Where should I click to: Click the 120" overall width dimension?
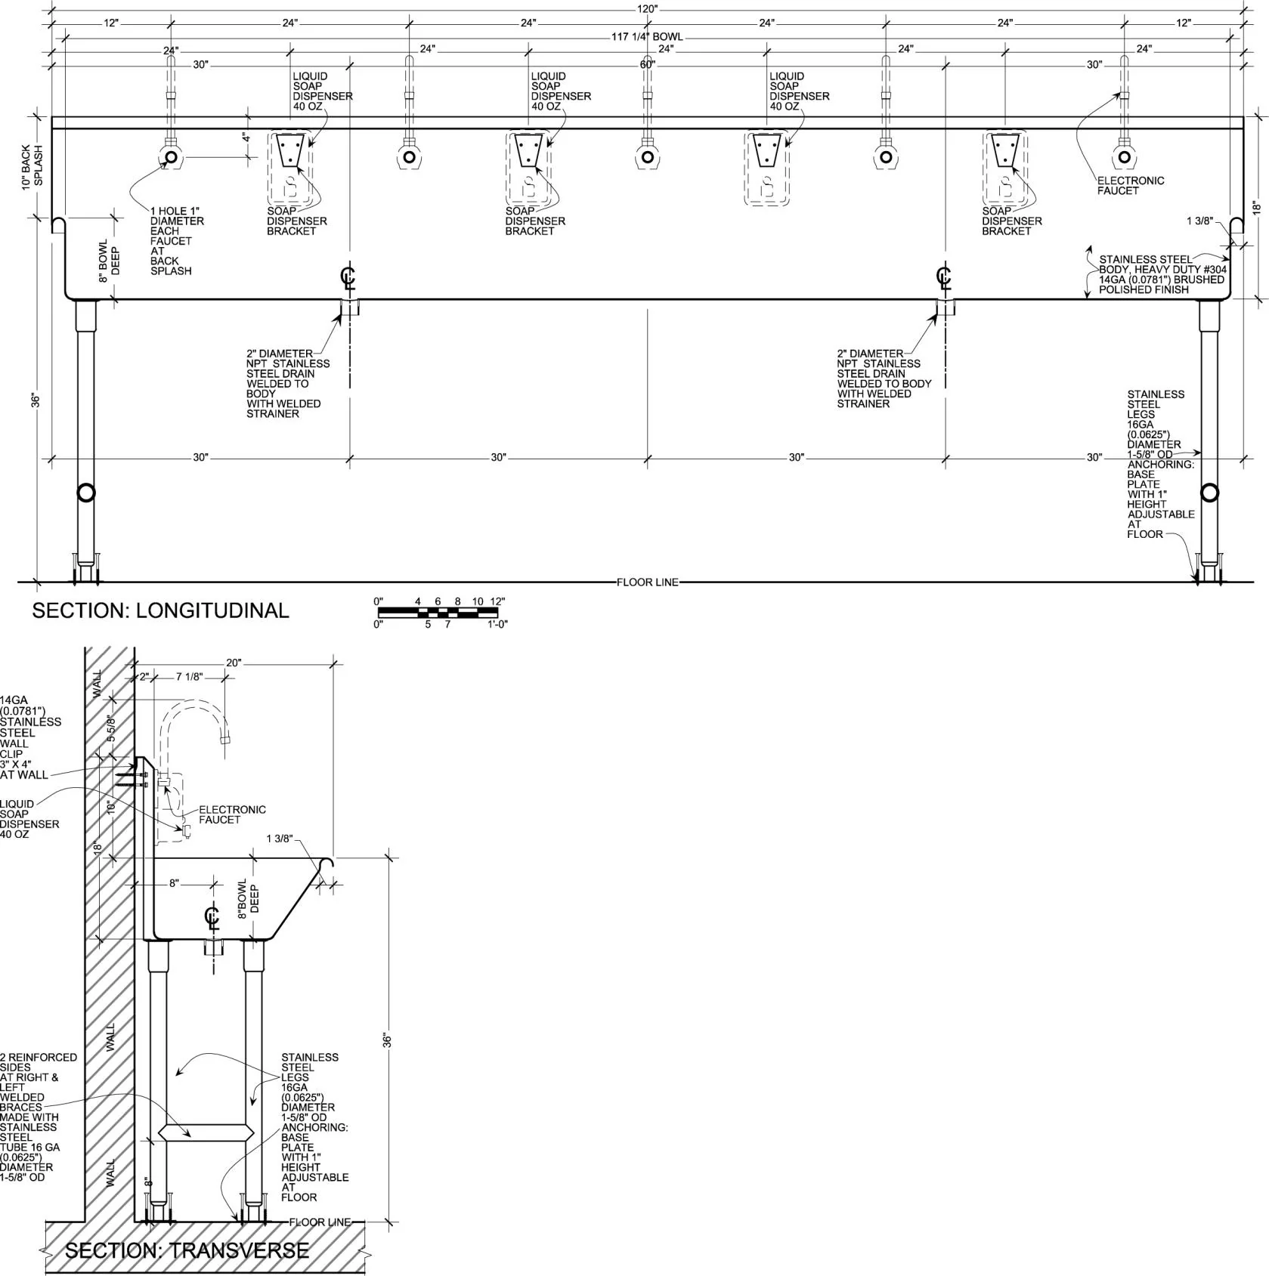coord(647,8)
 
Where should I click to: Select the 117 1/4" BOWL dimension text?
coord(647,36)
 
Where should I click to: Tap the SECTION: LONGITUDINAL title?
coord(160,610)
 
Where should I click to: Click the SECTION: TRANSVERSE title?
coord(187,1250)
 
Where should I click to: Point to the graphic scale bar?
coord(438,612)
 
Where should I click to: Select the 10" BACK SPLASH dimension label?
coord(32,167)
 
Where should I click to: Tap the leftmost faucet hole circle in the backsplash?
coord(171,157)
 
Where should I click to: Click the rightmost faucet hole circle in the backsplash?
coord(1124,157)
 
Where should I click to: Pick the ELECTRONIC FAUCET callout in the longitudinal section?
coord(1131,186)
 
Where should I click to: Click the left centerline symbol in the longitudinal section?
coord(348,277)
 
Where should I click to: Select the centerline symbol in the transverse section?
coord(212,919)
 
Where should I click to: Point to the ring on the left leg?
coord(86,493)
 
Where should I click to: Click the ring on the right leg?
coord(1210,493)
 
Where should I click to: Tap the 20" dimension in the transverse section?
coord(234,663)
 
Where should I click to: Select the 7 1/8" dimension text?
coord(189,677)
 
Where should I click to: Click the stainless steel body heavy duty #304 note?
coord(1162,274)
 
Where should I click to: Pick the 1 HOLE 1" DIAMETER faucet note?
coord(177,241)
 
